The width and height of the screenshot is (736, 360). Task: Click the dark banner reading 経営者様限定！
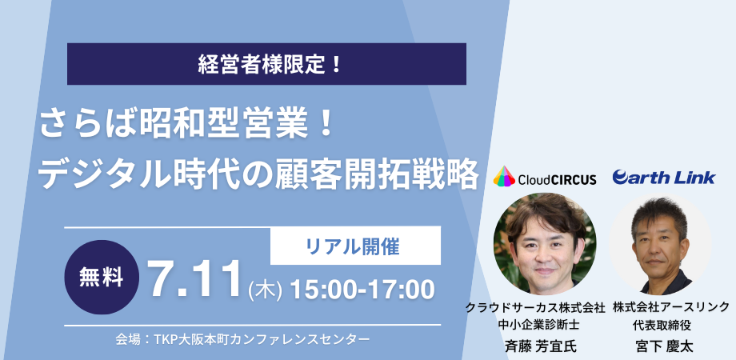266,64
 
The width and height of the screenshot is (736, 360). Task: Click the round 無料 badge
102,277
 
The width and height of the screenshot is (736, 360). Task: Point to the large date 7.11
196,280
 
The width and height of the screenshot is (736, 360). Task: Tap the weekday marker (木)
266,290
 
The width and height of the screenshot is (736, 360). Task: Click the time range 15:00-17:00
362,290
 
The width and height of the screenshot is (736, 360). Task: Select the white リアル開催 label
355,246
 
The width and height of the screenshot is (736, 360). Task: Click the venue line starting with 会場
242,339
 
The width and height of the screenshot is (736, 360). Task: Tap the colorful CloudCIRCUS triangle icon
504,177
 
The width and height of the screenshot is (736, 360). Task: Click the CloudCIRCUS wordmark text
557,179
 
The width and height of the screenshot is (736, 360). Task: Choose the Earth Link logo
664,178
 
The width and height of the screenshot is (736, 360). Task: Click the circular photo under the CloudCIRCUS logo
545,243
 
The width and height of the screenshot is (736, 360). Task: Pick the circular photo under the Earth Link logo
661,243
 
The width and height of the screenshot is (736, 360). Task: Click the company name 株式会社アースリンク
670,308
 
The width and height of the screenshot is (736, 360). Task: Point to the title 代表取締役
662,324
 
